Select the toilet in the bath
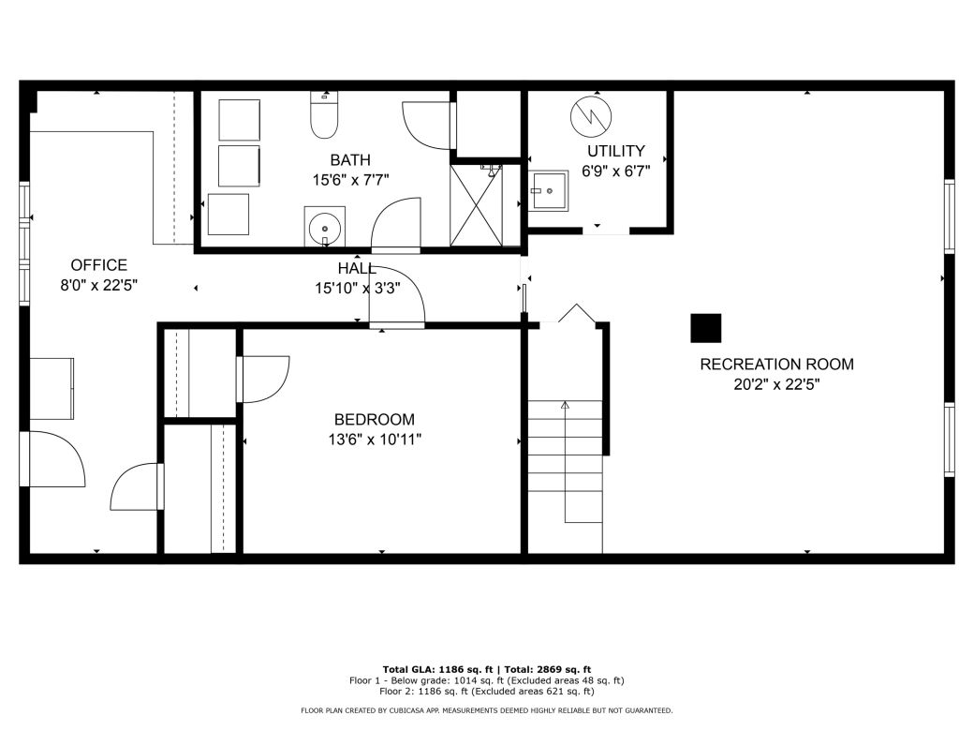click(324, 116)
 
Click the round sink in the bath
click(324, 226)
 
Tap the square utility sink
click(548, 192)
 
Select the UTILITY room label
click(615, 151)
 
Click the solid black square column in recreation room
click(706, 328)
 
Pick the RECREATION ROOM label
click(776, 365)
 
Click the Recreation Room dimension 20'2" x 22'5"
click(776, 383)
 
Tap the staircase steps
click(566, 459)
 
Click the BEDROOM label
click(374, 420)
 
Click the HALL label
click(357, 269)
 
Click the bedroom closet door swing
click(265, 380)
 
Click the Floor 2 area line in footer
click(486, 691)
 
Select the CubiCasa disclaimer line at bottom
click(486, 710)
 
